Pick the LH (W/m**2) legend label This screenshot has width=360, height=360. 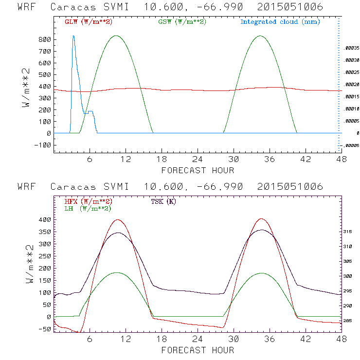point(88,208)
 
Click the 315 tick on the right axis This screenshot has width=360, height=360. point(349,232)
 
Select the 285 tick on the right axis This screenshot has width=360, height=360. point(349,321)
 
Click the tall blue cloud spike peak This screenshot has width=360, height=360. point(73,36)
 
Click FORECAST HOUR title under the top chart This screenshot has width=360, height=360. point(198,170)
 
